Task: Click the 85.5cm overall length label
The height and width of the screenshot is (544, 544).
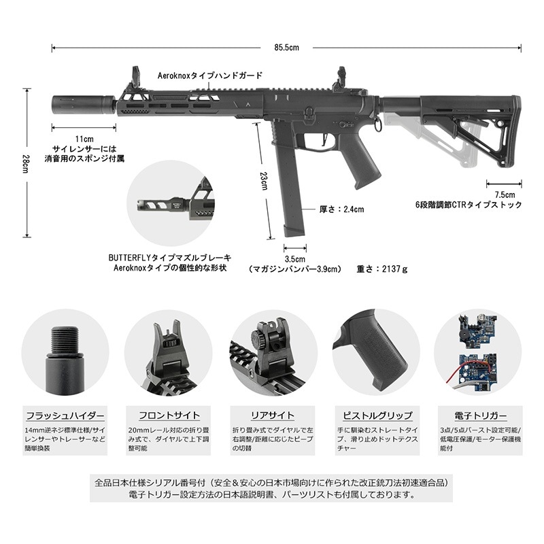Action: (x=286, y=48)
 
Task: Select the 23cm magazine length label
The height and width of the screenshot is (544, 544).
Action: (x=264, y=182)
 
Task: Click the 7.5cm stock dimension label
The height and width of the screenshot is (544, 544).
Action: (x=504, y=193)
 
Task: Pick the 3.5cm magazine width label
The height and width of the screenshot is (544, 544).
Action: (x=294, y=258)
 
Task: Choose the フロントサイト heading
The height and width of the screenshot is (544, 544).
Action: (x=168, y=415)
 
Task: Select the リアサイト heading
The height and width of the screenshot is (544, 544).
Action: (x=272, y=415)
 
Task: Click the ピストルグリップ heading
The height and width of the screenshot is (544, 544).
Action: (x=375, y=415)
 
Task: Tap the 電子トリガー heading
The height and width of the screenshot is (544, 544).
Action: (x=478, y=415)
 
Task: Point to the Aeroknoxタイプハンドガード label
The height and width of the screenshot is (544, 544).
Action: (x=209, y=76)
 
